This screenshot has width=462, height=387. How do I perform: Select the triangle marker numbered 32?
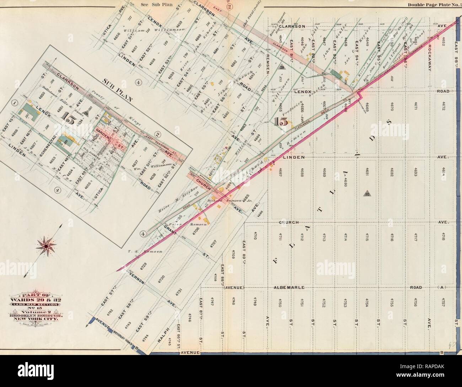pyautogui.click(x=367, y=194)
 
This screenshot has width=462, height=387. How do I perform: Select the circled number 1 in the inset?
pyautogui.click(x=15, y=103)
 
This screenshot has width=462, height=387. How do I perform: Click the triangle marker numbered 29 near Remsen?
pyautogui.click(x=282, y=67)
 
